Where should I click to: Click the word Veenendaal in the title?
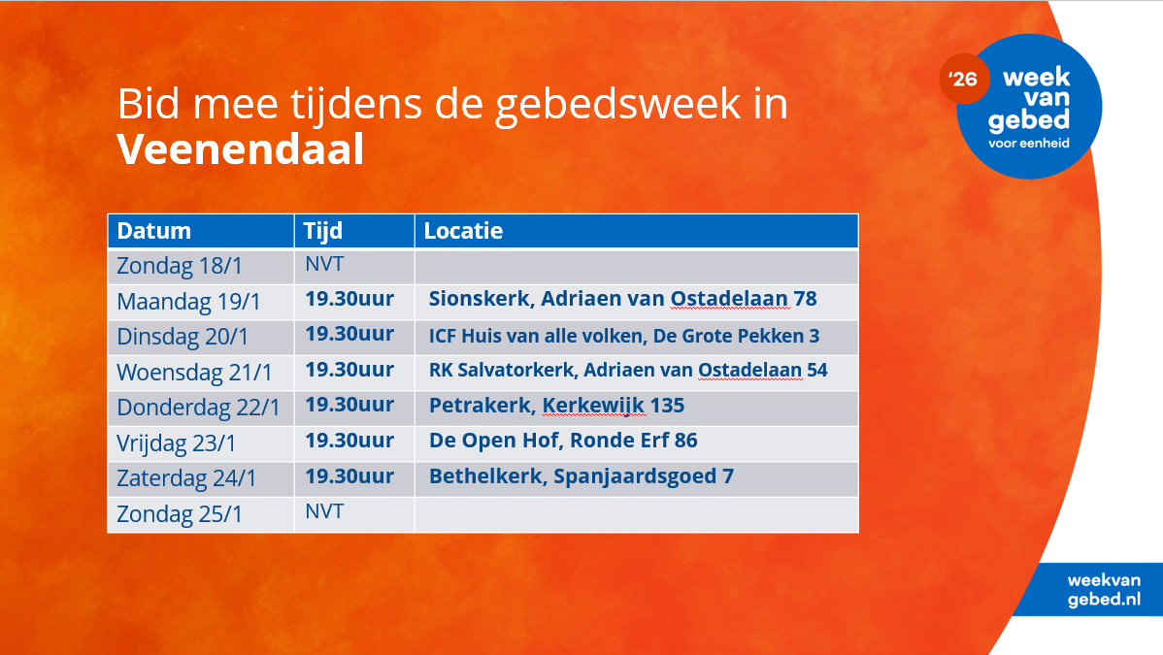tap(241, 149)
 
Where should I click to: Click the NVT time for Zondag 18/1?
tap(324, 264)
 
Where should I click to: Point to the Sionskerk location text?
tap(622, 298)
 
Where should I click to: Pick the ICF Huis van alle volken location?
tap(624, 336)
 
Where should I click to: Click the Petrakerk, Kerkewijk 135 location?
tap(556, 405)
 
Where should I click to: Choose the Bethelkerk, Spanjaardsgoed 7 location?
tap(581, 475)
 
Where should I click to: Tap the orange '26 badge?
tap(963, 79)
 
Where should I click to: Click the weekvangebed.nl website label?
tap(1104, 590)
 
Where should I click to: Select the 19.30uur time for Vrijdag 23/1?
tap(349, 440)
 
